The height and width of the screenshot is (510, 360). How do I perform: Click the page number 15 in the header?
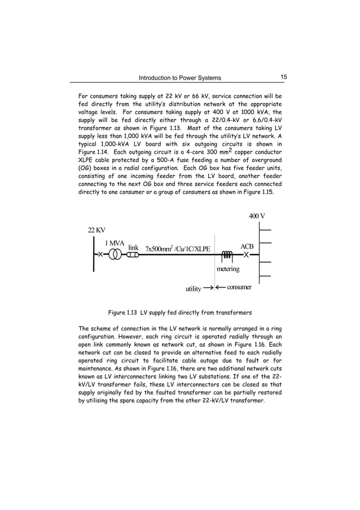point(283,77)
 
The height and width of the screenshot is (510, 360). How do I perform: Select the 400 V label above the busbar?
point(257,216)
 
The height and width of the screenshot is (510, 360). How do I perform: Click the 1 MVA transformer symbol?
point(115,255)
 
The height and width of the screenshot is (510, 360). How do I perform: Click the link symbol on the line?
point(133,255)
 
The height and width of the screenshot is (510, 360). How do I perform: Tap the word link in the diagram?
point(133,247)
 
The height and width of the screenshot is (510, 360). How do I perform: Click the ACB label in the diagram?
point(247,246)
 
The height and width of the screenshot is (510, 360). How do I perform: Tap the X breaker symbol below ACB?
point(246,255)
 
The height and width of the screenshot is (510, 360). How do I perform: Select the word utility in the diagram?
point(193,289)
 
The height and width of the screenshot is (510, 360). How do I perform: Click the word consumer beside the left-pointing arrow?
point(239,287)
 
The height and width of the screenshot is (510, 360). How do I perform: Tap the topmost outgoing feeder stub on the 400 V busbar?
point(265,230)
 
